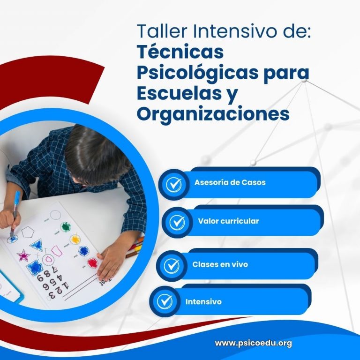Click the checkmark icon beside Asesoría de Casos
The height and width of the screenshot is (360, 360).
173,184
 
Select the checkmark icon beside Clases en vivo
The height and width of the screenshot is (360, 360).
172,266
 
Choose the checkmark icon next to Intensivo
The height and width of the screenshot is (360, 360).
165,301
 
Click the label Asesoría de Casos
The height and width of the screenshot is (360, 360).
230,182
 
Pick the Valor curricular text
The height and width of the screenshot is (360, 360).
228,221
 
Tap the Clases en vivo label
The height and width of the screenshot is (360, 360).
220,264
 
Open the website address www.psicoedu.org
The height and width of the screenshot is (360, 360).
253,343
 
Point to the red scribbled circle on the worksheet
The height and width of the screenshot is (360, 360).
92,262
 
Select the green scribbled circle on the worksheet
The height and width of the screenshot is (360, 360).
66,227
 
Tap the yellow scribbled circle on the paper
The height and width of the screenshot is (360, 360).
75,239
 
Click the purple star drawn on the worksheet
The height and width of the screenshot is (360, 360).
23,255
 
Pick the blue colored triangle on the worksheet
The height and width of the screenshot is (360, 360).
37,245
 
